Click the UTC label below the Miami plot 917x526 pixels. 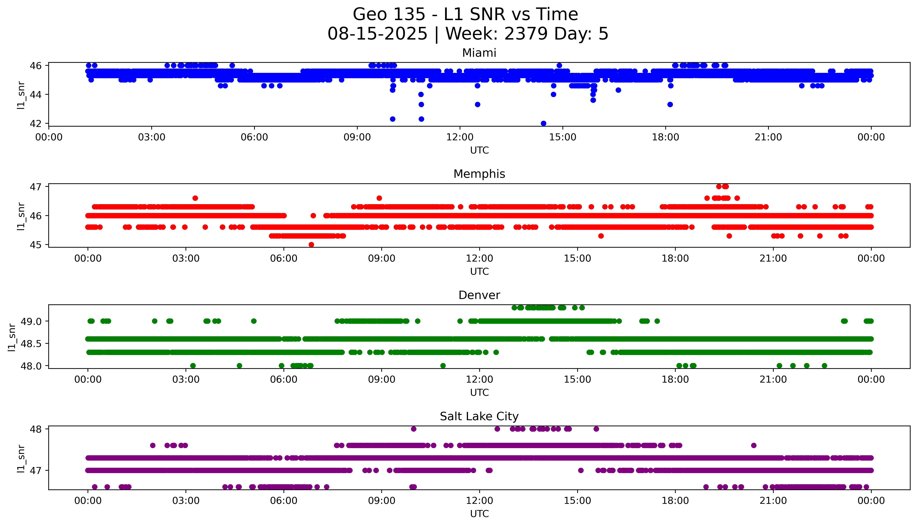pyautogui.click(x=479, y=150)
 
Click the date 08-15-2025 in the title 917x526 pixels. pyautogui.click(x=377, y=34)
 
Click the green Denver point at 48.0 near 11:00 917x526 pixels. pyautogui.click(x=443, y=366)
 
